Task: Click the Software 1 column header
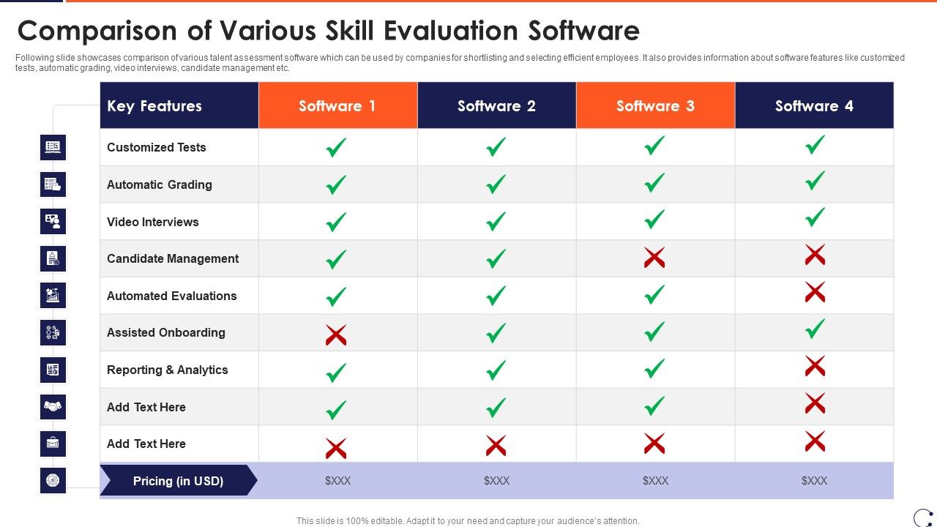[337, 106]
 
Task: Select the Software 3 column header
[655, 106]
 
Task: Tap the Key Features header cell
[154, 106]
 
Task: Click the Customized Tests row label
[157, 147]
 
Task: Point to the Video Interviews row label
[153, 222]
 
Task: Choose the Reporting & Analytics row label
[168, 370]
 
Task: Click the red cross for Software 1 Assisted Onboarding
[336, 335]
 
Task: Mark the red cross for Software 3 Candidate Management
[654, 258]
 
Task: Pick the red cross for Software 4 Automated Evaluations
[815, 292]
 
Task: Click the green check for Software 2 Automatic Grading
[496, 184]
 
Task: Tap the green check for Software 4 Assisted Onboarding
[815, 329]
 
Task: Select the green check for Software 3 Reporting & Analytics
[654, 369]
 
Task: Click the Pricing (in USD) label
[178, 481]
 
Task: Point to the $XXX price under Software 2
[496, 481]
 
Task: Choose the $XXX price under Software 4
[814, 481]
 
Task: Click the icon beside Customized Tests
[53, 147]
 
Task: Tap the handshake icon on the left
[53, 406]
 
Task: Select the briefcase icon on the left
[53, 444]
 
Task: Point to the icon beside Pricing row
[53, 480]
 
